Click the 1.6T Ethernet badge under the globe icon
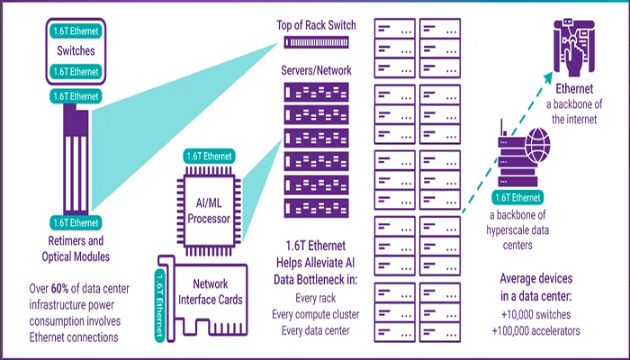tap(512, 197)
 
